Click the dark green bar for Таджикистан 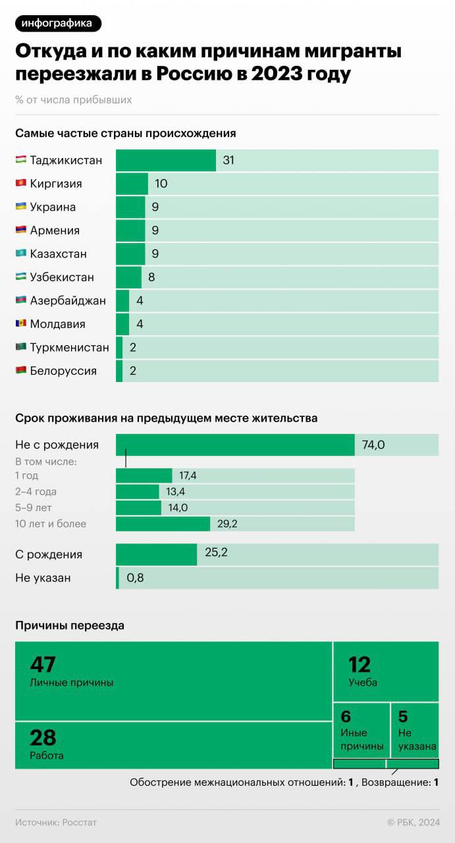(x=166, y=161)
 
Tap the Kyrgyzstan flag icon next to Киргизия (x=21, y=184)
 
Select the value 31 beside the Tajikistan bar (x=228, y=161)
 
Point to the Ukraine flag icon (x=21, y=207)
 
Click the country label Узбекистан (x=62, y=277)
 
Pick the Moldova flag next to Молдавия (x=21, y=324)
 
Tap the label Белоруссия (x=63, y=371)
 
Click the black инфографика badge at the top (x=59, y=24)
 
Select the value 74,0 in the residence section (x=373, y=445)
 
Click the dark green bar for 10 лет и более (x=163, y=524)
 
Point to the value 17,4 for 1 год (x=187, y=476)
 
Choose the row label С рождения (x=49, y=555)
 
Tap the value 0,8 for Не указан (x=135, y=578)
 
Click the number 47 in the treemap (x=43, y=665)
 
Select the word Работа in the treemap (x=47, y=755)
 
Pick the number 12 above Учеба (x=360, y=665)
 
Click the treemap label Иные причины (x=361, y=740)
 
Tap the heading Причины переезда (x=70, y=626)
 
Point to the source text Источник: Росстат (x=56, y=823)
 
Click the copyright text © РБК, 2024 (x=413, y=823)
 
